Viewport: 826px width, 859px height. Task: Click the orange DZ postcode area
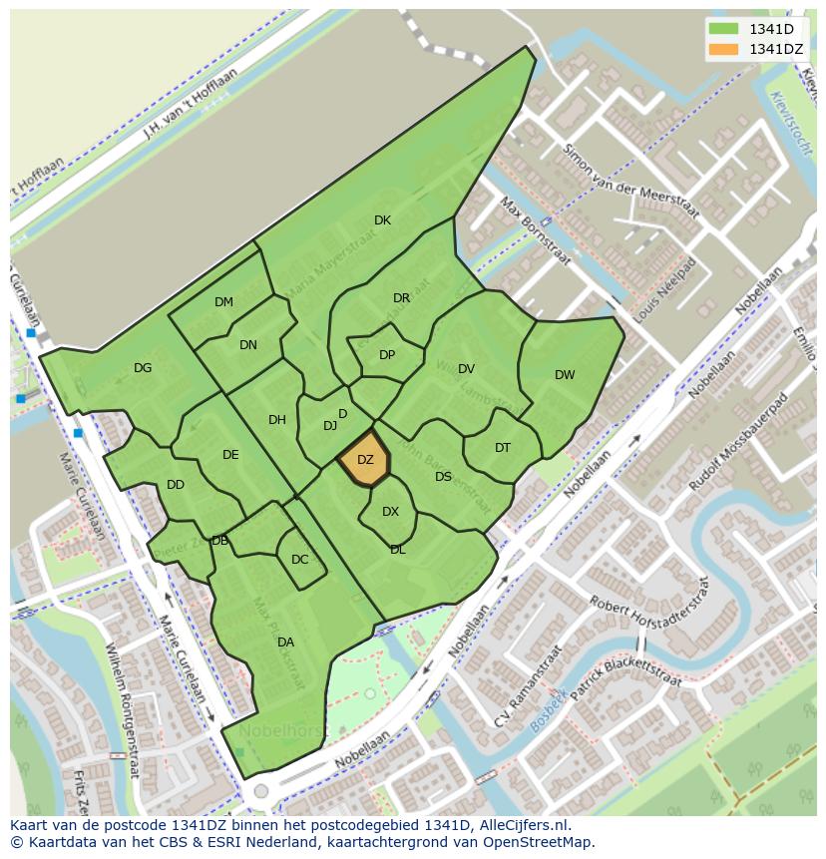(x=364, y=460)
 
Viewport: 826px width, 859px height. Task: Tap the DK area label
(x=382, y=220)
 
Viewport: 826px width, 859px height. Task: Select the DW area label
(x=565, y=375)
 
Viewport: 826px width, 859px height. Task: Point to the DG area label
(x=143, y=368)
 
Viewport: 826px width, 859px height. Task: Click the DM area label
(x=223, y=302)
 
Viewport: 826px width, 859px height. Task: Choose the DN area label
(x=248, y=346)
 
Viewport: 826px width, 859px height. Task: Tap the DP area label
(x=387, y=355)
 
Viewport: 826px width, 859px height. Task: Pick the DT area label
(x=503, y=448)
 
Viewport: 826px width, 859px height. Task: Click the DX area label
(x=390, y=512)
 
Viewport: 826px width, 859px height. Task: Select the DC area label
(x=300, y=560)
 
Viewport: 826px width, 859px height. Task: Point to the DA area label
(x=285, y=643)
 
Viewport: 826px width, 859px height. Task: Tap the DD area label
(x=176, y=486)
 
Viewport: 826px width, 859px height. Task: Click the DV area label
(x=466, y=369)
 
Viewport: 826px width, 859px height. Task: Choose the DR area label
(x=401, y=298)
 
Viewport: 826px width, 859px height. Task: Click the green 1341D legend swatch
(x=723, y=30)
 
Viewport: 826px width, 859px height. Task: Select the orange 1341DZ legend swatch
(x=723, y=49)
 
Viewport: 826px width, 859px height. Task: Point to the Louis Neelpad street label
(x=664, y=289)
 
